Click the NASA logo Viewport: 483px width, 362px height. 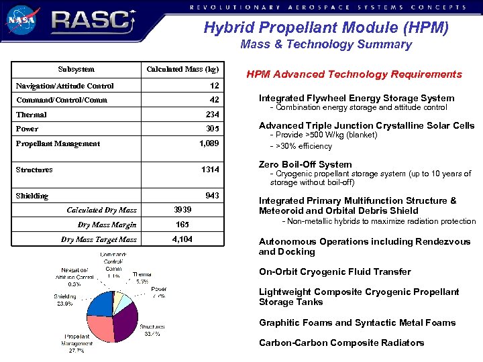point(23,20)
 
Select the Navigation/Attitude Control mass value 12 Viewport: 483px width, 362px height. point(214,86)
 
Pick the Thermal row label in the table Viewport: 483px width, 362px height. point(31,115)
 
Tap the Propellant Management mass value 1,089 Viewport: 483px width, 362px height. point(209,143)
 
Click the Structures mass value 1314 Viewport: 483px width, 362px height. point(210,170)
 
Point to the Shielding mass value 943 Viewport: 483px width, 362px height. point(211,196)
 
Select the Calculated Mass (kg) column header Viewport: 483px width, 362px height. point(182,69)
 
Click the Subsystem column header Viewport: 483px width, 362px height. point(76,69)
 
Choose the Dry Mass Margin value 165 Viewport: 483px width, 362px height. point(182,225)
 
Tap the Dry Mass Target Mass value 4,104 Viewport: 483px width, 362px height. point(182,239)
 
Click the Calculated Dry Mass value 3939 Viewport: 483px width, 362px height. point(182,210)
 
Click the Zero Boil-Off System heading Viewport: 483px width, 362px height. point(305,164)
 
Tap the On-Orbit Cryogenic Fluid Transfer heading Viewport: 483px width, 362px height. point(335,271)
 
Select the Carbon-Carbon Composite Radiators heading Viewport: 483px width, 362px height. point(341,343)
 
